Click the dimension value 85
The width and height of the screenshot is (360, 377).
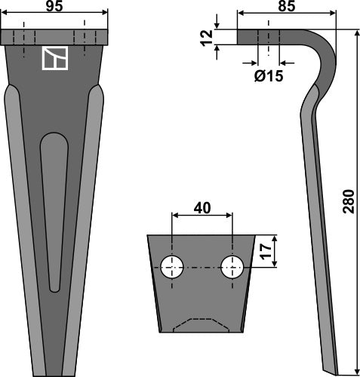coord(287,6)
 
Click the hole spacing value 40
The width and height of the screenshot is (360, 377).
coord(202,207)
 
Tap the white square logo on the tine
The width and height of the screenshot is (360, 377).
coord(54,60)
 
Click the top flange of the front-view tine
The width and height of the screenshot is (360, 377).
coord(54,37)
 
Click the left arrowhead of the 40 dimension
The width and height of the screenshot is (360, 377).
coord(175,216)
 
